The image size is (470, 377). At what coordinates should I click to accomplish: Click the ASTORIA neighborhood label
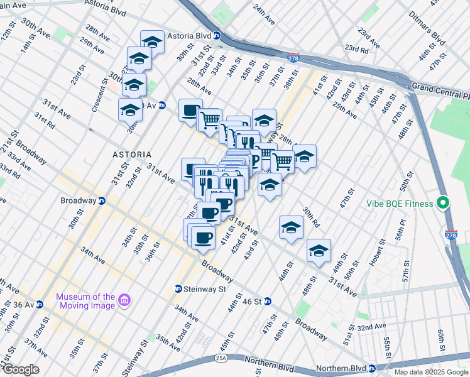(131, 154)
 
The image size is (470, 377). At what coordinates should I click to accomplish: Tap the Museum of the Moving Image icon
(124, 301)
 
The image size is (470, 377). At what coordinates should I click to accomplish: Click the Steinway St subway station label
(204, 289)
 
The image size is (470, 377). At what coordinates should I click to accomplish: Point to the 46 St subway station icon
(267, 302)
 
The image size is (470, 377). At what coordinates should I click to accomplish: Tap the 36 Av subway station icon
(39, 305)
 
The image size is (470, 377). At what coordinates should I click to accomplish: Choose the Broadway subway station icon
(102, 201)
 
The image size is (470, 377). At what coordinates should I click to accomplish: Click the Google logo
(20, 369)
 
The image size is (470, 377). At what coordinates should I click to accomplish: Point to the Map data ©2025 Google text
(431, 372)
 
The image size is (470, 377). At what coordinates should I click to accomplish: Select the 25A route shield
(221, 358)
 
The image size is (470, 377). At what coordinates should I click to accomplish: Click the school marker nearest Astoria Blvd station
(151, 42)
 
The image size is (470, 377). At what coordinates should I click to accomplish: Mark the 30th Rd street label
(310, 217)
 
